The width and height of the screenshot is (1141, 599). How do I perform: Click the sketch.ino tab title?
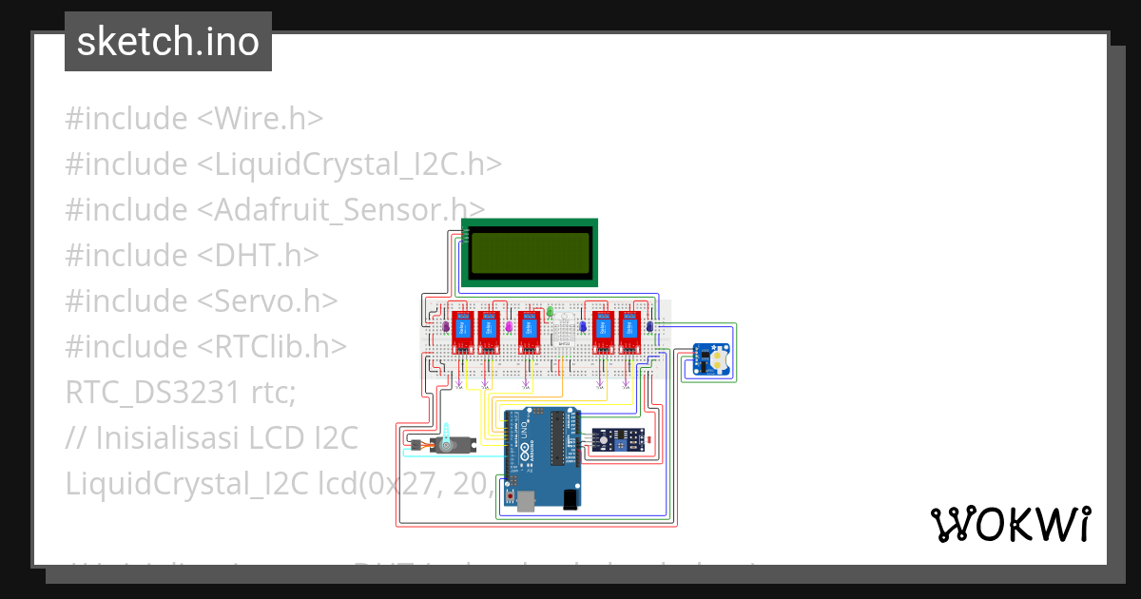tap(168, 42)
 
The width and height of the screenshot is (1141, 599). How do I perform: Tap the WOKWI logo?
tap(1010, 524)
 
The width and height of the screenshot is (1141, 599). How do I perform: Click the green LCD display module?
tap(530, 252)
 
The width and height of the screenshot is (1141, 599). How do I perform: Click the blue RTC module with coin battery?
tap(712, 359)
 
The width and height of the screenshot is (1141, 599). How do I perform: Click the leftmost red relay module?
tap(463, 330)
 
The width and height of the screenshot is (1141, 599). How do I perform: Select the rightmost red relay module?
tap(629, 330)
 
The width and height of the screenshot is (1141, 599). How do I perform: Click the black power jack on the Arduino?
tap(569, 498)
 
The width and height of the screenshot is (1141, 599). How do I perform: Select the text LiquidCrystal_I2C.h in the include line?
tap(349, 164)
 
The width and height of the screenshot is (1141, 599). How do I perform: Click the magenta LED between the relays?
tap(509, 326)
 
